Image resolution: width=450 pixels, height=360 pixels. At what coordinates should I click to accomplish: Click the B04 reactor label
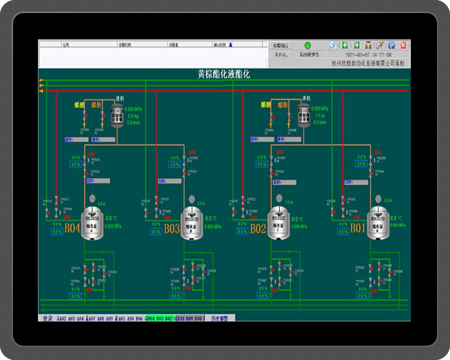(72, 229)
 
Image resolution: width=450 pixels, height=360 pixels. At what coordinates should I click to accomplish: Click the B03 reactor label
(172, 229)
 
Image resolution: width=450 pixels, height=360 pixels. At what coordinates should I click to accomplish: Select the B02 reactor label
(258, 229)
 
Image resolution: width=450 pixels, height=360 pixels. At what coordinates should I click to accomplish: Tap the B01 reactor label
(358, 229)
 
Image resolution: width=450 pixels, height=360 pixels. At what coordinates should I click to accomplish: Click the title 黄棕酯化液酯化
(224, 74)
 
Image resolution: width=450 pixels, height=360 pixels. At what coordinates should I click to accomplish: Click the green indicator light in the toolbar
(308, 45)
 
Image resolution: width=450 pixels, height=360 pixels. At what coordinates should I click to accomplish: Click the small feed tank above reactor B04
(117, 114)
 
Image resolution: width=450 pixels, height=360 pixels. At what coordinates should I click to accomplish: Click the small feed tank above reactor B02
(303, 114)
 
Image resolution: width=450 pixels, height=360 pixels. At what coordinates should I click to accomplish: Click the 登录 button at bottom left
(47, 318)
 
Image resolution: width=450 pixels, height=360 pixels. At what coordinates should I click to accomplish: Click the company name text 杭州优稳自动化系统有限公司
(368, 64)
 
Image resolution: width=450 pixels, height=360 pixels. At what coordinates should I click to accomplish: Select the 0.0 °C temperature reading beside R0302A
(110, 219)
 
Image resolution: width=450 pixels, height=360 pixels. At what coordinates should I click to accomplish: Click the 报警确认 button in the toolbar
(283, 45)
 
